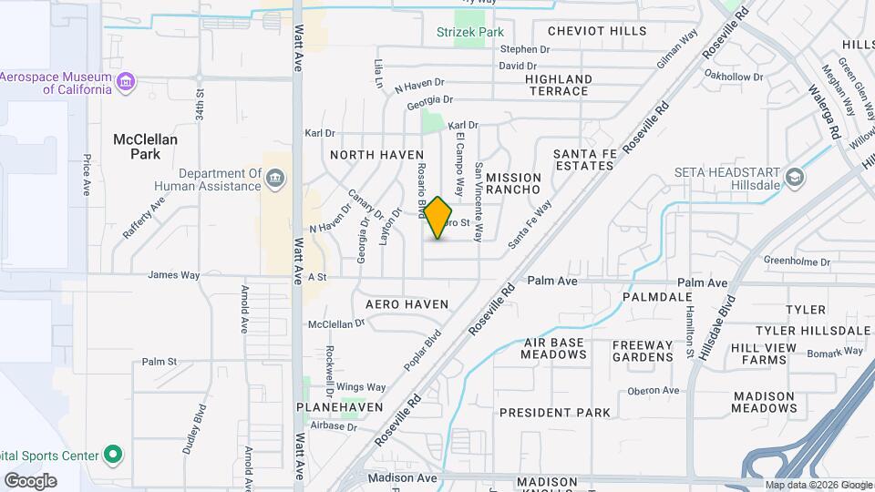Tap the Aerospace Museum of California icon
(126, 84)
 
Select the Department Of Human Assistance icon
(275, 179)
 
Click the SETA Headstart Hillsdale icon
(794, 177)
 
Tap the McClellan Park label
(145, 147)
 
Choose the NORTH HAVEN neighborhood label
(376, 155)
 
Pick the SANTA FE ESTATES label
(583, 159)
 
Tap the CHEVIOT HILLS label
(597, 31)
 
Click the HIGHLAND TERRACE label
(558, 86)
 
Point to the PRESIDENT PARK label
(554, 413)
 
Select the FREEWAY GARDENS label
(643, 351)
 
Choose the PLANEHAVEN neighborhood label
(340, 407)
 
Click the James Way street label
(173, 275)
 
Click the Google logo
(30, 480)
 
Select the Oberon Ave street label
(654, 391)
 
